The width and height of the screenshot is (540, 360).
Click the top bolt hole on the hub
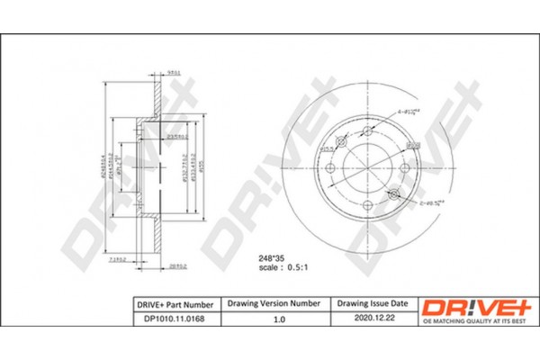tap(368, 130)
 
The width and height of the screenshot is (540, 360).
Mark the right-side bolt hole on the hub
tap(406, 168)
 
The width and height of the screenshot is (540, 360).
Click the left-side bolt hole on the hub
tap(330, 168)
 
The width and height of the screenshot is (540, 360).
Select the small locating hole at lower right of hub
tap(393, 193)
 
